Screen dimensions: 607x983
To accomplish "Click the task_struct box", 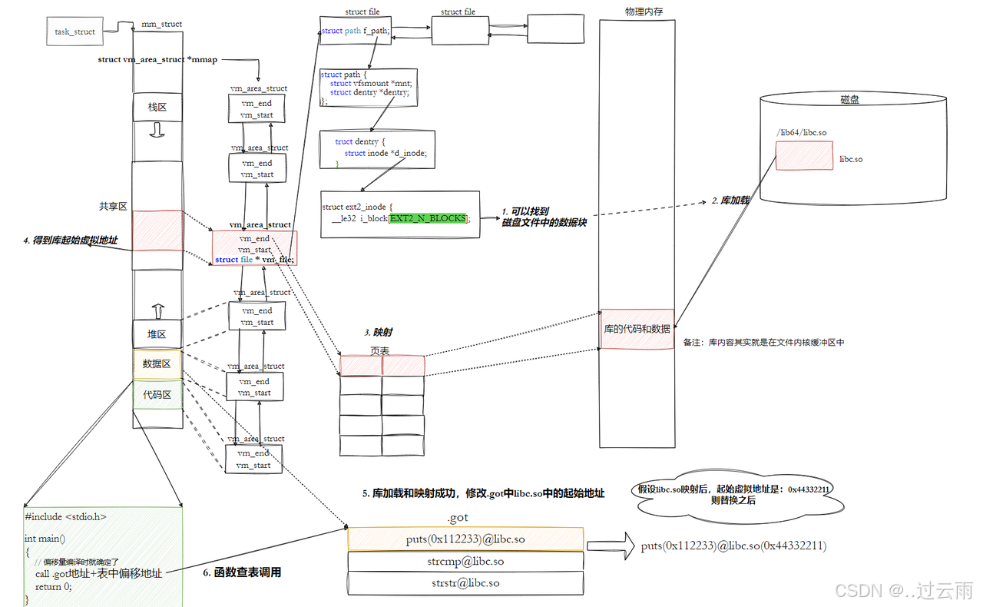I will (74, 32).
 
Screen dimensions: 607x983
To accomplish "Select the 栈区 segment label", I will (157, 108).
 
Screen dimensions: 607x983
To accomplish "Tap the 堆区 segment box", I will (157, 334).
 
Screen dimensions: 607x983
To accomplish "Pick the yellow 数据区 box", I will (157, 363).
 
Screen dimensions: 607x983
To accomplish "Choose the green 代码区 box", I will (157, 395).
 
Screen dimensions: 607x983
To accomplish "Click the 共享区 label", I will (113, 207).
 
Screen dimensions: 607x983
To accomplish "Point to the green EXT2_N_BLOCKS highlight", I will (428, 218).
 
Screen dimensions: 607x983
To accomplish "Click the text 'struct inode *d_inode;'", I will (385, 153).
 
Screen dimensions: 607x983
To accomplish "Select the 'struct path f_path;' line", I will (356, 31).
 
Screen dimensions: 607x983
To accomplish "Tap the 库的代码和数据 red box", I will (637, 329).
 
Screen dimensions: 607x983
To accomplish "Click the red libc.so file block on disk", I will (803, 155).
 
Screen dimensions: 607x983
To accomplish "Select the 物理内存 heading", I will (644, 11).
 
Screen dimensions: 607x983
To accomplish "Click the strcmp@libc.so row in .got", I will (465, 562).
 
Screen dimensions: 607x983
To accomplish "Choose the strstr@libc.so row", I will (465, 583).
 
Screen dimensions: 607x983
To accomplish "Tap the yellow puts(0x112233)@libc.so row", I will (465, 539).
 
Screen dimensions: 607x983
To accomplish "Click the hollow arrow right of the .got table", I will (611, 546).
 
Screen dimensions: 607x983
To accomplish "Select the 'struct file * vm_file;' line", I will (254, 260).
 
